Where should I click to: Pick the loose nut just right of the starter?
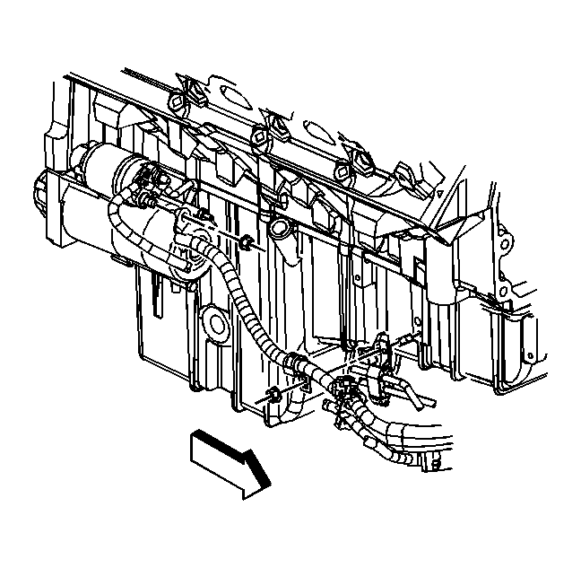[x=243, y=241]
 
